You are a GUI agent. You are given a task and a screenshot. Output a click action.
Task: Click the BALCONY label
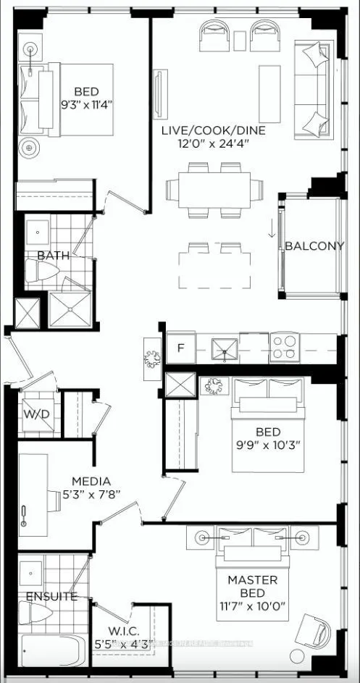(x=314, y=246)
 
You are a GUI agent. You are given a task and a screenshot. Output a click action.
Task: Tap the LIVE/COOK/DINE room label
(x=213, y=131)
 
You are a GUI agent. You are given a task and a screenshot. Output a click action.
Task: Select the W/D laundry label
(x=34, y=416)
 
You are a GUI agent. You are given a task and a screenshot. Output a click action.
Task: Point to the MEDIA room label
(x=91, y=481)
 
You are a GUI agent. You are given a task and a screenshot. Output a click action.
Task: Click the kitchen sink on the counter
(x=225, y=349)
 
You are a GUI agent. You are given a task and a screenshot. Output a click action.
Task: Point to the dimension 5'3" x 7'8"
(x=91, y=494)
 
